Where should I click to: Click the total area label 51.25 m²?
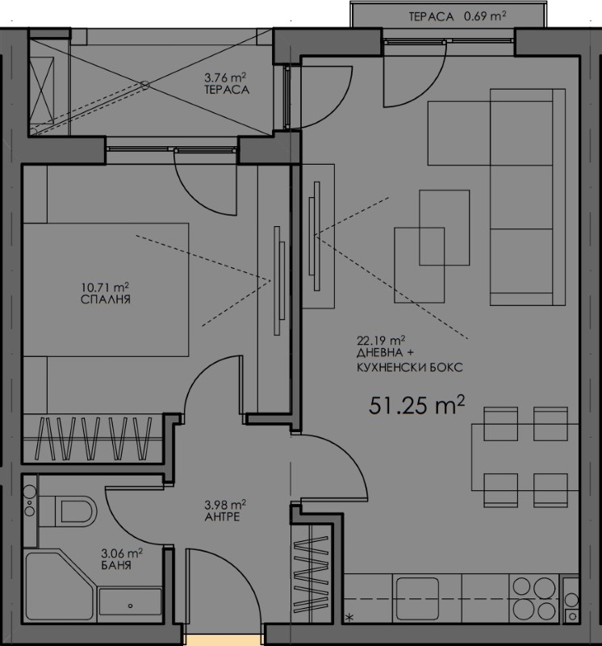pos(416,405)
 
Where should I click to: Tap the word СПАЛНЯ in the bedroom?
pos(106,300)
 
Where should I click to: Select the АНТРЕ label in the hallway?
pos(223,517)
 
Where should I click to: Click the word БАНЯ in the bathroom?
pos(116,564)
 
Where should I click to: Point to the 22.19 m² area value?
pos(381,340)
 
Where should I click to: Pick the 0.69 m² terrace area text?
pos(485,16)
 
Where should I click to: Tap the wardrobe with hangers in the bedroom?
pos(92,438)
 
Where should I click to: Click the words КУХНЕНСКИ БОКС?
pos(409,367)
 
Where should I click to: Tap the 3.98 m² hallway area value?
pos(225,504)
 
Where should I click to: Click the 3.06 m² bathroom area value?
pos(122,552)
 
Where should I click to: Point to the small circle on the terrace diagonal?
pos(145,86)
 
